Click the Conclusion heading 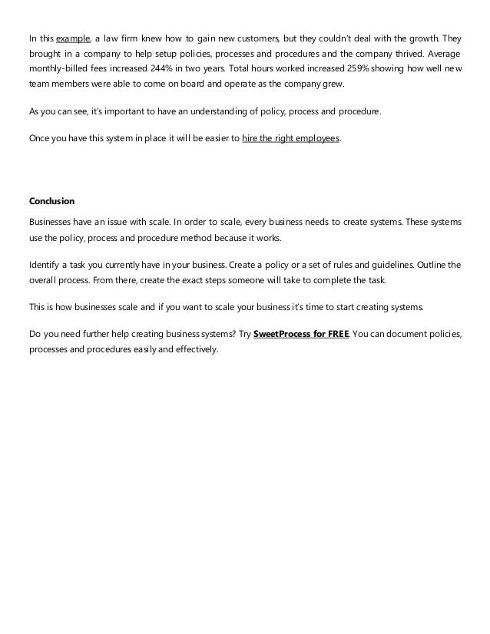pos(51,202)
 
